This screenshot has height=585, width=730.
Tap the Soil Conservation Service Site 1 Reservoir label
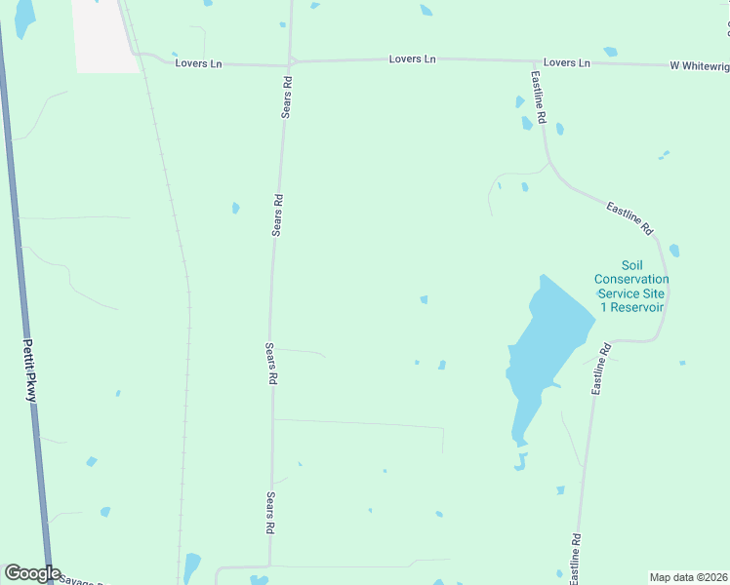coord(630,286)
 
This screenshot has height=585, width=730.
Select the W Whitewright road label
coord(699,65)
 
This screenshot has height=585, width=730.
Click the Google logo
coord(32,573)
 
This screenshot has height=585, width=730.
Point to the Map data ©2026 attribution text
coord(689,577)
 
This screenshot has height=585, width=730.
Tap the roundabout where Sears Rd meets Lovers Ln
coord(290,62)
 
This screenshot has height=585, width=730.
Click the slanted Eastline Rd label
coord(629,217)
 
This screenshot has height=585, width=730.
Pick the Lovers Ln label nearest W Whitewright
coord(567,62)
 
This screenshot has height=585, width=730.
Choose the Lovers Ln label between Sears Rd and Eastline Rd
coord(412,59)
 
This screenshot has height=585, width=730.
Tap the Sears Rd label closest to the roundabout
coord(287,97)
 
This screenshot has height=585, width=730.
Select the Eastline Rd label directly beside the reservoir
coord(600,369)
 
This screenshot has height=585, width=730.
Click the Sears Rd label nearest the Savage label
coord(269,513)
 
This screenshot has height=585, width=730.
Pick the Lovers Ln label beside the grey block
coord(198,63)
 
